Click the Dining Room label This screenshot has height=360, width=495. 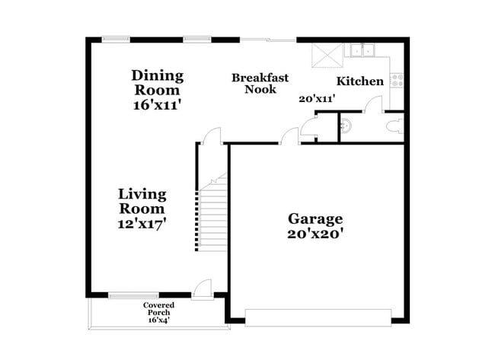pyautogui.click(x=157, y=83)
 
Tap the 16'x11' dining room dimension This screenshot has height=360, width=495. pyautogui.click(x=157, y=105)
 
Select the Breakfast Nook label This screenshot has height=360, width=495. pyautogui.click(x=260, y=84)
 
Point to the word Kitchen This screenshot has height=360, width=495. pyautogui.click(x=360, y=81)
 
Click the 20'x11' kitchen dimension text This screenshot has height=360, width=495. pyautogui.click(x=317, y=99)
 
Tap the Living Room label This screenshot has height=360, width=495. pyautogui.click(x=142, y=201)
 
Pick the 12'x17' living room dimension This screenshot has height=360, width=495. pyautogui.click(x=142, y=224)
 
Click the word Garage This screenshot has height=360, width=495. pyautogui.click(x=315, y=219)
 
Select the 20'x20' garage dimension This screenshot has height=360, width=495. pyautogui.click(x=315, y=234)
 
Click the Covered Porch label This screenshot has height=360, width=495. pyautogui.click(x=158, y=309)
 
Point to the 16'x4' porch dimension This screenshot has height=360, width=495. pyautogui.click(x=159, y=320)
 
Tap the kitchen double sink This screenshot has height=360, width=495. pyautogui.click(x=362, y=50)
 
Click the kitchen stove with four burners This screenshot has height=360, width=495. pyautogui.click(x=397, y=80)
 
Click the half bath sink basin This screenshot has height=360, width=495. pyautogui.click(x=346, y=126)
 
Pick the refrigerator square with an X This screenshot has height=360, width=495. pyautogui.click(x=327, y=56)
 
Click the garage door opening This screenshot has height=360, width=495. pyautogui.click(x=318, y=317)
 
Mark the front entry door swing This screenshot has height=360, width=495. pyautogui.click(x=203, y=288)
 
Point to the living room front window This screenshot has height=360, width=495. pyautogui.click(x=133, y=295)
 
